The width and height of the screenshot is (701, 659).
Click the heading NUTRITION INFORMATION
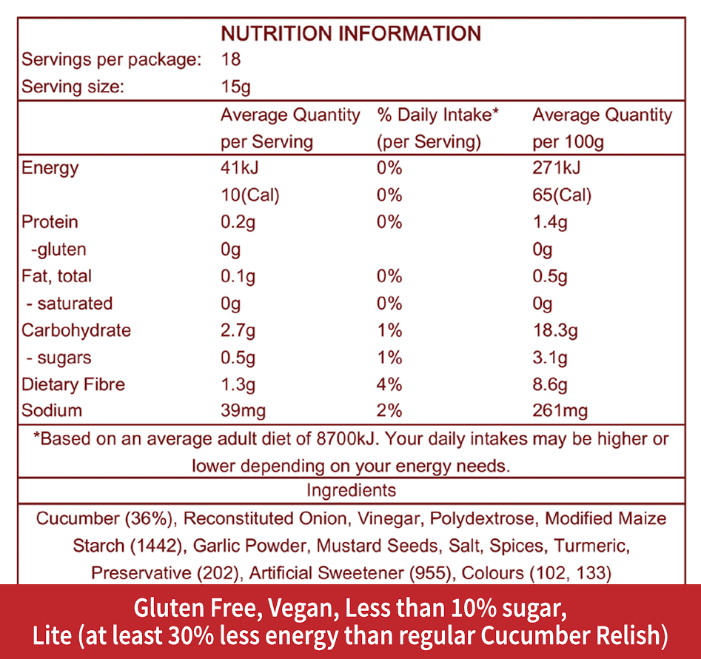tap(351, 33)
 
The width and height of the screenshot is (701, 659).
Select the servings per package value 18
tap(231, 60)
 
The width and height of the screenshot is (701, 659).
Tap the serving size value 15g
tap(235, 87)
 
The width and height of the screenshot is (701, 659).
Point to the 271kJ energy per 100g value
tap(557, 168)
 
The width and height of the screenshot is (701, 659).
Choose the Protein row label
tap(50, 222)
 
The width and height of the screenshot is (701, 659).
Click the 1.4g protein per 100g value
tap(550, 222)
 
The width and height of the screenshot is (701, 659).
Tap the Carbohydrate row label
tap(76, 330)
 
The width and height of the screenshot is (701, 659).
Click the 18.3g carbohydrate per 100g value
tap(554, 330)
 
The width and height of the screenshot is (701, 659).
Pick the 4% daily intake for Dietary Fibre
tap(389, 384)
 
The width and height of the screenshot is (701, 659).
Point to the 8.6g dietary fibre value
tap(550, 384)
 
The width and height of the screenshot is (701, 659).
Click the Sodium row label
tap(52, 411)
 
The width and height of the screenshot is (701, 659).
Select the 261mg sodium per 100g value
tap(560, 411)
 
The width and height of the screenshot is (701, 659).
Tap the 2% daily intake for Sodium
tap(389, 411)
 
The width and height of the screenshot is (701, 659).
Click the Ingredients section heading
tap(351, 490)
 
